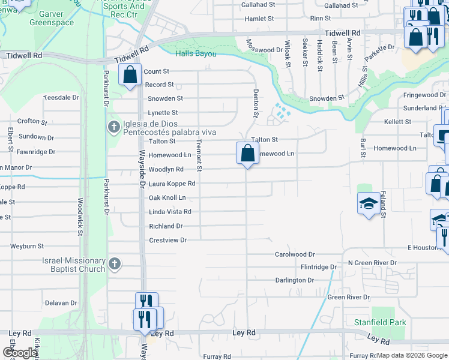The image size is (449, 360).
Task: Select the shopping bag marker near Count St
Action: [x=130, y=75]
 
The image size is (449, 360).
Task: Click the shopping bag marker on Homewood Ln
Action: [x=247, y=154]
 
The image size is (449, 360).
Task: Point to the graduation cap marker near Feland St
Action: [x=369, y=204]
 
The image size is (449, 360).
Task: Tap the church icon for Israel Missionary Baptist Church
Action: [x=114, y=263]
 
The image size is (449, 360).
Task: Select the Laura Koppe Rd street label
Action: [x=172, y=184]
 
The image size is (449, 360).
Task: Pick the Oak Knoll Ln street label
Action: [x=167, y=197]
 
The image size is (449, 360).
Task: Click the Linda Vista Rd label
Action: [x=170, y=212]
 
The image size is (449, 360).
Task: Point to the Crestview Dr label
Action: [x=168, y=240]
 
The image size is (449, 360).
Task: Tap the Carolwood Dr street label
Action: [x=295, y=254]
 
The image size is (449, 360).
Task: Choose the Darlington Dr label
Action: [x=295, y=280]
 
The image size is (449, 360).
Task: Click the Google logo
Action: [x=20, y=353]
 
